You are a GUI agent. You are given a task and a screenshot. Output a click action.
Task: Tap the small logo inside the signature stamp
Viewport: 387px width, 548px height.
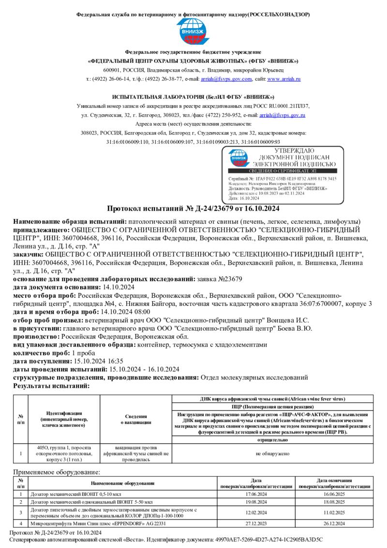(238, 158)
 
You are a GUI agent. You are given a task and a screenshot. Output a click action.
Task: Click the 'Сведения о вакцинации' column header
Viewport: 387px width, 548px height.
(135, 419)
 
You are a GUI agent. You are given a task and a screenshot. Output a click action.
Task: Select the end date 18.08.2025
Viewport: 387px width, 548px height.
(334, 502)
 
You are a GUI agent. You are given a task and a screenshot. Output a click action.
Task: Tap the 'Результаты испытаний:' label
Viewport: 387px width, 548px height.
(51, 386)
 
